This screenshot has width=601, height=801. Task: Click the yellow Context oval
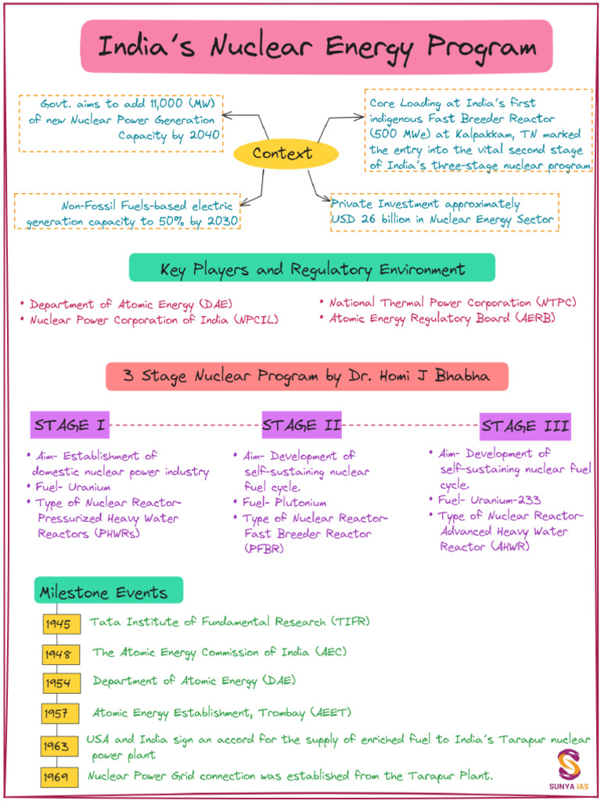pyautogui.click(x=283, y=153)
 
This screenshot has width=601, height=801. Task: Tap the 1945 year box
pyautogui.click(x=58, y=624)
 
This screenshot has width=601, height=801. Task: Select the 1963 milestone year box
pyautogui.click(x=59, y=745)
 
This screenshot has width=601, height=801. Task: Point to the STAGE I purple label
pyautogui.click(x=70, y=426)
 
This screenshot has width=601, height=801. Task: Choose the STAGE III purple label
pyautogui.click(x=525, y=426)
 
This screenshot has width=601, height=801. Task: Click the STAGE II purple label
pyautogui.click(x=301, y=426)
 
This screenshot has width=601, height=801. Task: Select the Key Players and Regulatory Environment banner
pyautogui.click(x=311, y=268)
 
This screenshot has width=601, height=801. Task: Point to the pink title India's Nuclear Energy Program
pyautogui.click(x=316, y=47)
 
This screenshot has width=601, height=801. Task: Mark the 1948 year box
pyautogui.click(x=58, y=653)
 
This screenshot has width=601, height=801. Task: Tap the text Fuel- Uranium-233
pyautogui.click(x=489, y=500)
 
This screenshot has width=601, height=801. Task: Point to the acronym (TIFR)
pyautogui.click(x=349, y=622)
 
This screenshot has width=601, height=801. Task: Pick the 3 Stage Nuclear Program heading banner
pyautogui.click(x=307, y=376)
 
